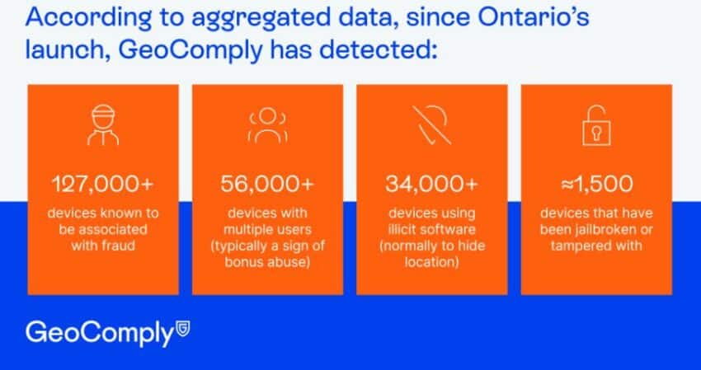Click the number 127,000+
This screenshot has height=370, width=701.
pyautogui.click(x=103, y=184)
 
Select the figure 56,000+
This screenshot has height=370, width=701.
pyautogui.click(x=267, y=184)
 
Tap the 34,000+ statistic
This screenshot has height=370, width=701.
pyautogui.click(x=432, y=184)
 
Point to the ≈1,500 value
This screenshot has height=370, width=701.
pyautogui.click(x=596, y=184)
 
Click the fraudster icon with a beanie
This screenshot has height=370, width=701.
pyautogui.click(x=103, y=124)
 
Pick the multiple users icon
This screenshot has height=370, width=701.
pyautogui.click(x=267, y=124)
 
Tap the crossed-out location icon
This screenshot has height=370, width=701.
pyautogui.click(x=431, y=124)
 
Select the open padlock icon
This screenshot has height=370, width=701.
pyautogui.click(x=596, y=125)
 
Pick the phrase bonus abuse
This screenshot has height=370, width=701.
pyautogui.click(x=267, y=261)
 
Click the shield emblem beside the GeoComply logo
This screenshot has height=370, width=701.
pyautogui.click(x=183, y=327)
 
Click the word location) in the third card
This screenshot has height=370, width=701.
pyautogui.click(x=432, y=261)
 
